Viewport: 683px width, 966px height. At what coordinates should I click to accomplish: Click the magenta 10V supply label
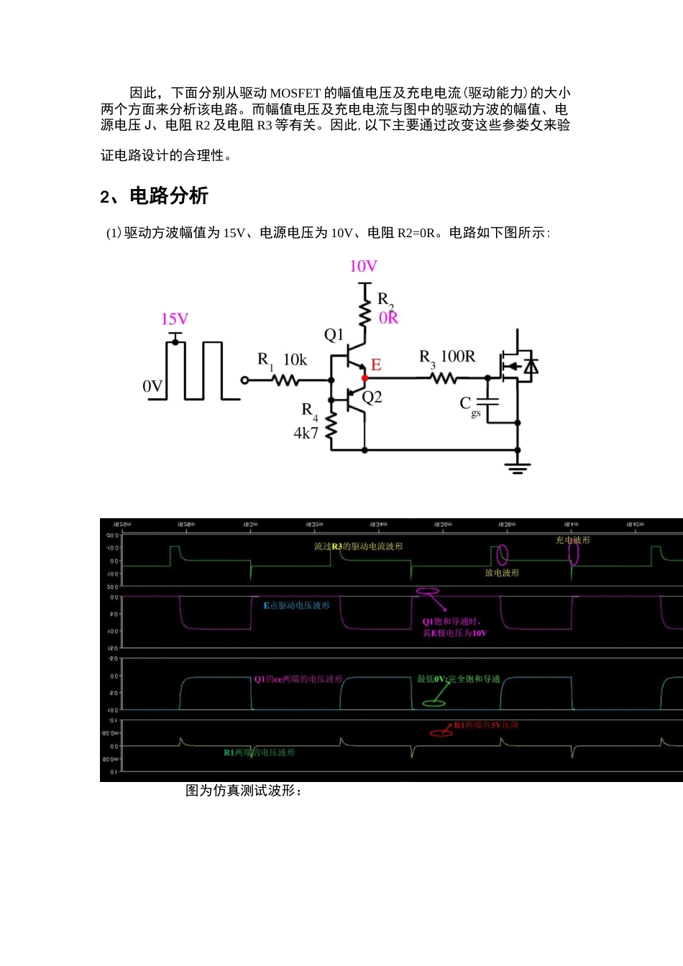(363, 267)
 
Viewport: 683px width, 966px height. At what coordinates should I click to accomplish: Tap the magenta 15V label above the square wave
(175, 320)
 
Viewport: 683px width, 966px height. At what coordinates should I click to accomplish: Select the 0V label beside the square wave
(152, 387)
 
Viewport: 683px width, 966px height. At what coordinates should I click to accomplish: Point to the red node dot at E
(365, 377)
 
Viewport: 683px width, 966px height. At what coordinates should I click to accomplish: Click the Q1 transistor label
(334, 335)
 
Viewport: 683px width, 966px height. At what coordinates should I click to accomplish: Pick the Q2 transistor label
(372, 397)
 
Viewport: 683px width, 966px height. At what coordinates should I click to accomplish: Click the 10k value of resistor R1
(295, 360)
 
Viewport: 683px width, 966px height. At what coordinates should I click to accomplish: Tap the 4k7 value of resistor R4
(306, 433)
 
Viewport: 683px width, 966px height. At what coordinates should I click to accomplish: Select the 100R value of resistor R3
(457, 357)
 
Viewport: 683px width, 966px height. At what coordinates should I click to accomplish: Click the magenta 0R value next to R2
(388, 318)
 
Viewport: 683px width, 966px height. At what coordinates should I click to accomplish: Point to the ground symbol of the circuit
(518, 466)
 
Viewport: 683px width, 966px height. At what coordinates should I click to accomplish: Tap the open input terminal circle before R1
(244, 379)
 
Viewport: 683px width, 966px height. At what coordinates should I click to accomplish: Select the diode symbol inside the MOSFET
(531, 367)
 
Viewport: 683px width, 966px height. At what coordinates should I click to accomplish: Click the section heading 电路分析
(169, 196)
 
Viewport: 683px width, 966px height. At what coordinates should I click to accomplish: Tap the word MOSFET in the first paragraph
(295, 93)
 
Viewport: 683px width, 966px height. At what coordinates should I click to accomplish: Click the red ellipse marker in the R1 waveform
(441, 732)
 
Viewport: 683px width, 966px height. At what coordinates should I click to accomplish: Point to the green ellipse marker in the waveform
(434, 701)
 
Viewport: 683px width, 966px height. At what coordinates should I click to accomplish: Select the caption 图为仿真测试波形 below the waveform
(243, 791)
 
